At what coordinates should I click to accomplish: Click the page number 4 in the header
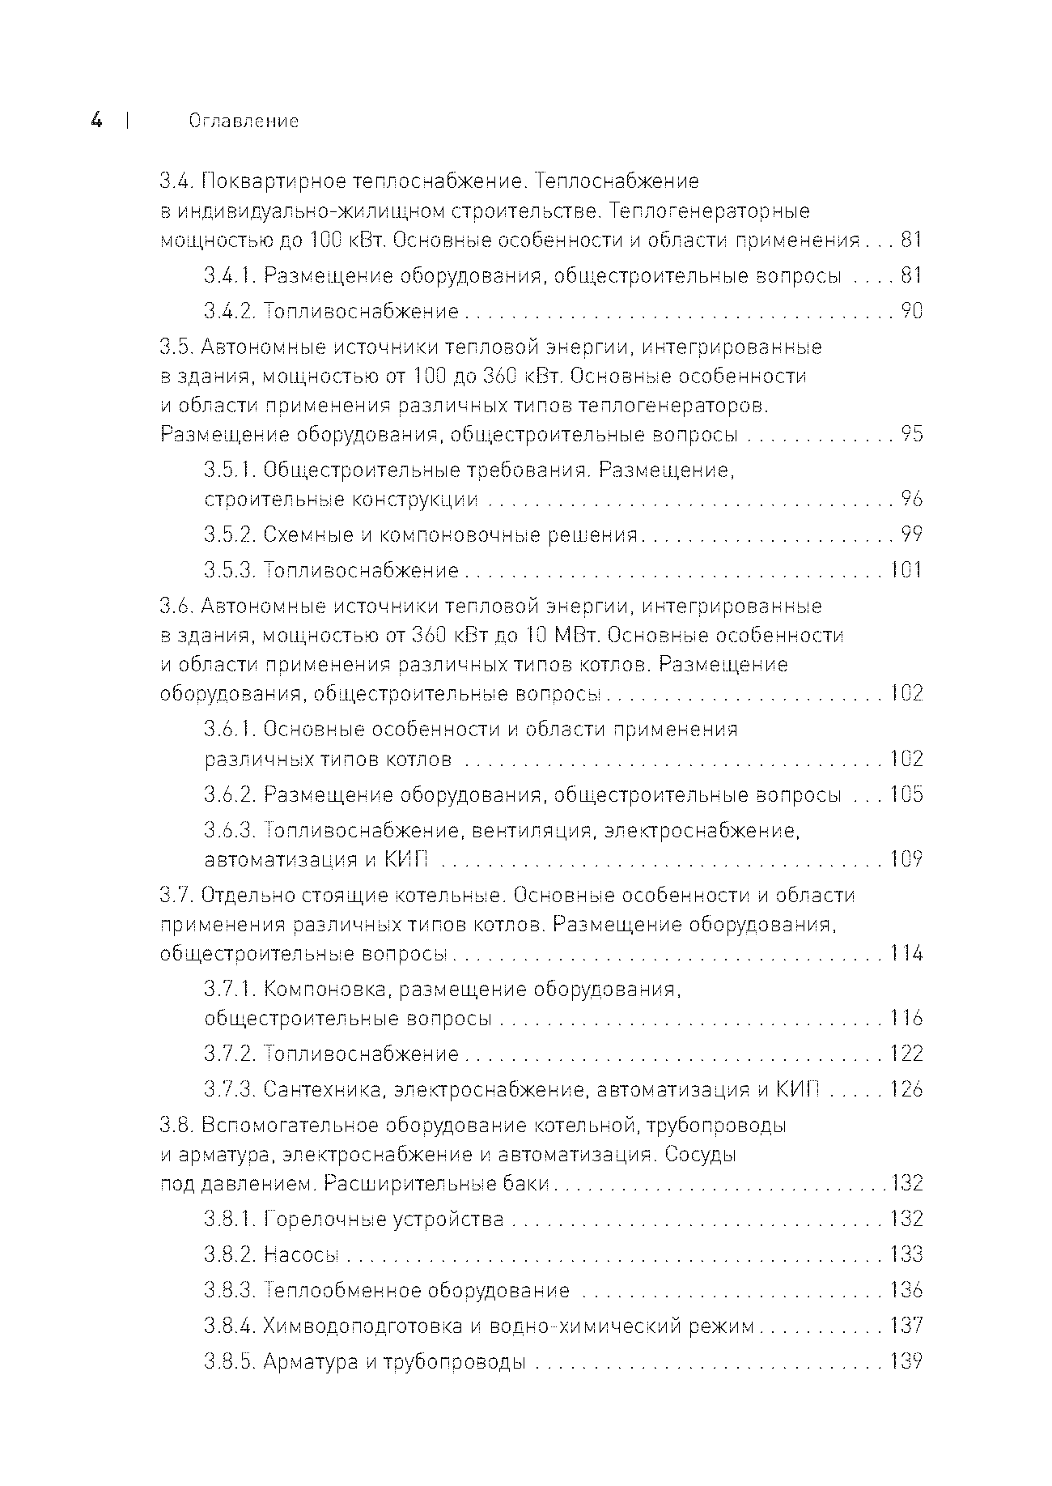97,121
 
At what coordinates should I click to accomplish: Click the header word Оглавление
244,121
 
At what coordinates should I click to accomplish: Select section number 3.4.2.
231,312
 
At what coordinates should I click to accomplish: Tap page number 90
911,312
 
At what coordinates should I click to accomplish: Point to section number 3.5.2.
231,535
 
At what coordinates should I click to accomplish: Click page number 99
911,535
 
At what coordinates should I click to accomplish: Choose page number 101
906,571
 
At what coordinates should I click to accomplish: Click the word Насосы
301,1255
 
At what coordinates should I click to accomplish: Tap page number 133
906,1255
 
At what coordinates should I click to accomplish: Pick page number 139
906,1362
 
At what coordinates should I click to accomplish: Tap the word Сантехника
324,1090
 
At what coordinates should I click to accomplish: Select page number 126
906,1090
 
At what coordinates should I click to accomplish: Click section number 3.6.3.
231,831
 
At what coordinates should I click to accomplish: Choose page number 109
906,859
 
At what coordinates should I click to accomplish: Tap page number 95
911,435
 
